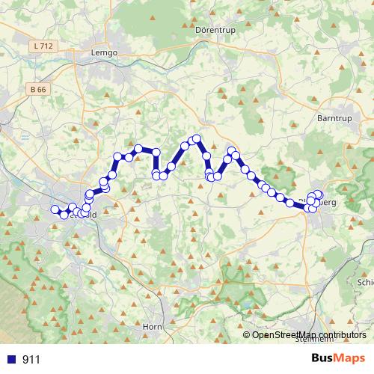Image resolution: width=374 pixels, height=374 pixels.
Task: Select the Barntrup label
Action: pyautogui.click(x=334, y=117)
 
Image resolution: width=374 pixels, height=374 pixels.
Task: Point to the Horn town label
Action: pyautogui.click(x=153, y=327)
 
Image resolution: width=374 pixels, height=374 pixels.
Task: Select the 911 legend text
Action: pyautogui.click(x=31, y=359)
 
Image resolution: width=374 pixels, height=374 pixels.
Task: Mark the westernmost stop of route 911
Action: pyautogui.click(x=55, y=210)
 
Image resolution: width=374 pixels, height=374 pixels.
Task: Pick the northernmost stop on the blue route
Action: pyautogui.click(x=197, y=138)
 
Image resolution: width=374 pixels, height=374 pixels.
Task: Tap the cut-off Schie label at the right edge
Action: pyautogui.click(x=366, y=283)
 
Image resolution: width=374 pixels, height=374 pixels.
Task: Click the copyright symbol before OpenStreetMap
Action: pyautogui.click(x=248, y=334)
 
